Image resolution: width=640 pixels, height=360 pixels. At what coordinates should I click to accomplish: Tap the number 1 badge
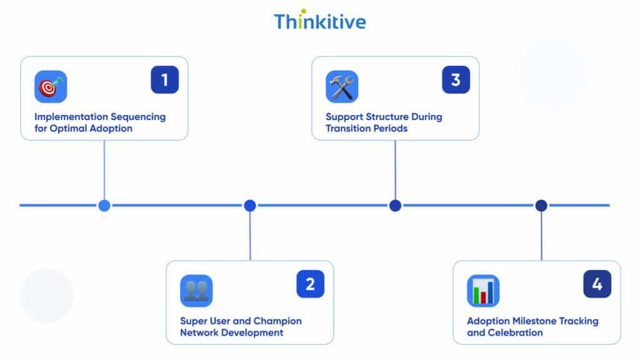point(164,80)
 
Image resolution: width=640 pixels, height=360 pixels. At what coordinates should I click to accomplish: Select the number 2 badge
point(310,284)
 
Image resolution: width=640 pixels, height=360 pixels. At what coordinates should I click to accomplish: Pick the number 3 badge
point(456,80)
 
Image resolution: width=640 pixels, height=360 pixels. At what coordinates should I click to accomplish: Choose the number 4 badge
point(597,284)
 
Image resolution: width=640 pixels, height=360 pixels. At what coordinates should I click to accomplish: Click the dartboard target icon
point(51,87)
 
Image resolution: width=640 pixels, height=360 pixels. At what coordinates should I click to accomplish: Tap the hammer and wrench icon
point(342,87)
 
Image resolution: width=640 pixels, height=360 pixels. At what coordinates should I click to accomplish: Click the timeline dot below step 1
point(104,205)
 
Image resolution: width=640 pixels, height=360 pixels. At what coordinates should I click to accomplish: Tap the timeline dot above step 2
point(250,205)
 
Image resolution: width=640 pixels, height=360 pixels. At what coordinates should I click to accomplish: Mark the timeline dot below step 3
point(395,205)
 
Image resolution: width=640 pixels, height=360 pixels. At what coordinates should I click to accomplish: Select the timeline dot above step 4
point(541,205)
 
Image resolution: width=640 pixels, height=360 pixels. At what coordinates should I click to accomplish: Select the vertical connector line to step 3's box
point(395,169)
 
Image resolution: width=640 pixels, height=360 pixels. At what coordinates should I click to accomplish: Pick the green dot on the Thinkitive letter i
point(303,11)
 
